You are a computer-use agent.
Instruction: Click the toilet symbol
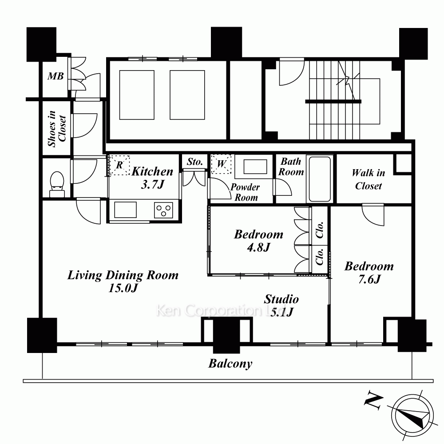[57, 184]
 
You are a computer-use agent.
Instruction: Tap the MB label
[55, 76]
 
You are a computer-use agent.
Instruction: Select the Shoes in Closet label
[57, 129]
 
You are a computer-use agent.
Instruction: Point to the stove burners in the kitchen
[163, 210]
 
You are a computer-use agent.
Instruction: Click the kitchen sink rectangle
[125, 210]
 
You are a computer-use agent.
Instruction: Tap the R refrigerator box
[119, 165]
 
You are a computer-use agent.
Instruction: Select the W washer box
[221, 164]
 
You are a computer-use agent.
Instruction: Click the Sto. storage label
[195, 162]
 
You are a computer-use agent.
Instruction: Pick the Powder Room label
[245, 192]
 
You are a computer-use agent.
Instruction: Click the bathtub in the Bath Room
[320, 178]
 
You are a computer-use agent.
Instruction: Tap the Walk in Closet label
[369, 179]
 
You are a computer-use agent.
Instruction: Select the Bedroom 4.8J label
[258, 241]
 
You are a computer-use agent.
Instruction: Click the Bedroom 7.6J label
[369, 273]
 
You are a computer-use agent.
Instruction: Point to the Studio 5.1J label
[281, 305]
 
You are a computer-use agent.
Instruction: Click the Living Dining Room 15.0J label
[123, 281]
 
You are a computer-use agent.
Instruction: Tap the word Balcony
[230, 364]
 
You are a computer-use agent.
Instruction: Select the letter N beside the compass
[373, 400]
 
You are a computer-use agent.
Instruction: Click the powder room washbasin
[255, 166]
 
